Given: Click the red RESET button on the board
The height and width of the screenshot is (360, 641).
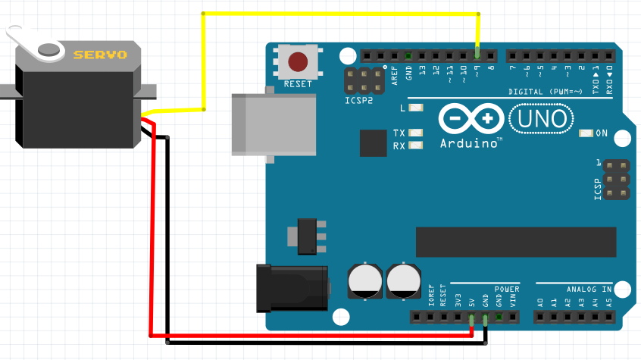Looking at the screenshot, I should tap(299, 62).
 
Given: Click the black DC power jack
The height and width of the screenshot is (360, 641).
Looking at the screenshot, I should tap(292, 287).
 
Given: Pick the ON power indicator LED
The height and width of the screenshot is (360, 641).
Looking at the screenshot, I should tap(586, 133).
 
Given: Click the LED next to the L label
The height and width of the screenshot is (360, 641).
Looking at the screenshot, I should tap(415, 108).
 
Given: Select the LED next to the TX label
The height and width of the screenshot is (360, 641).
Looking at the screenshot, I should tap(415, 133).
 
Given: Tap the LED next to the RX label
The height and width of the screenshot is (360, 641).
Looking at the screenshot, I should tap(415, 146).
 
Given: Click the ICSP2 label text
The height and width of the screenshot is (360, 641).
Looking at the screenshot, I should tap(359, 100).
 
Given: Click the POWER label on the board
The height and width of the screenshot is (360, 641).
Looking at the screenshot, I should tap(507, 290).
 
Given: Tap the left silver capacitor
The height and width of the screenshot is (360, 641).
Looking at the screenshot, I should tap(364, 281).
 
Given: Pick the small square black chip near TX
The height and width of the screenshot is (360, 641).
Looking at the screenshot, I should tap(374, 142).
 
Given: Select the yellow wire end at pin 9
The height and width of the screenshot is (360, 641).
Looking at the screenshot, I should tap(477, 54).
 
